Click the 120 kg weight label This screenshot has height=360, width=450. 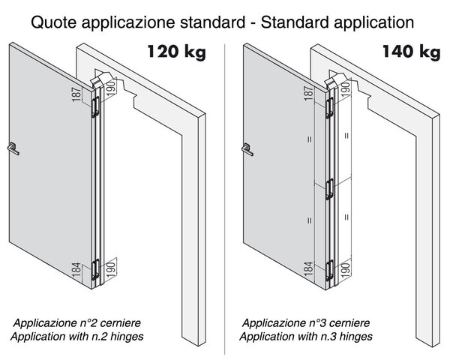tap(177, 52)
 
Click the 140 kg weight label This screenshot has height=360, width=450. tap(411, 52)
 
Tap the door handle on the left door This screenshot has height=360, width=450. tap(13, 148)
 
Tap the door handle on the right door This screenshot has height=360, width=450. tap(247, 149)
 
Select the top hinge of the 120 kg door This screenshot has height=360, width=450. tap(95, 106)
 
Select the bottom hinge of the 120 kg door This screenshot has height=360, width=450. tap(95, 269)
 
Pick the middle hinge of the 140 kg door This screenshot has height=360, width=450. tap(330, 189)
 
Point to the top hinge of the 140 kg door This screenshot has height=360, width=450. tap(329, 108)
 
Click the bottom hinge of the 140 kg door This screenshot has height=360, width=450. tap(330, 271)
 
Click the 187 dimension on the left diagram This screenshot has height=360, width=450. tap(76, 94)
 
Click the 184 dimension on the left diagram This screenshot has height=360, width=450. tap(76, 270)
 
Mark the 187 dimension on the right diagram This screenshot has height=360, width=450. tap(308, 93)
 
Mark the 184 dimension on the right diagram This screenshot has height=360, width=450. tap(308, 268)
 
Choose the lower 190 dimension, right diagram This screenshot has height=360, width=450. tap(346, 269)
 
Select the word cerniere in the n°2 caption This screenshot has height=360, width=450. tap(121, 323)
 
